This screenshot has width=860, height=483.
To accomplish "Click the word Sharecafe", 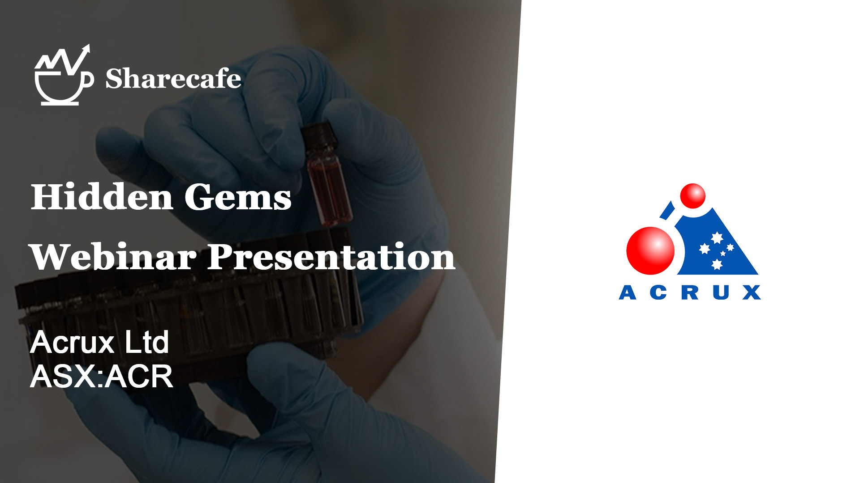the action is (x=173, y=79).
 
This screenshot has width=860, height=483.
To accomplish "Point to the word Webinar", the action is (x=113, y=257).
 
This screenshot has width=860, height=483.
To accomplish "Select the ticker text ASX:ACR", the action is (x=101, y=376).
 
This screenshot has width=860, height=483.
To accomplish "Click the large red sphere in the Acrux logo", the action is (x=650, y=250).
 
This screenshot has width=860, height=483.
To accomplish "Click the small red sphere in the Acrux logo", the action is (x=693, y=196).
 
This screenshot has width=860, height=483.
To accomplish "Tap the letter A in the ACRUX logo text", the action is (x=628, y=292).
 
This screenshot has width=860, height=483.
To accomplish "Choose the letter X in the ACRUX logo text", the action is (x=752, y=292).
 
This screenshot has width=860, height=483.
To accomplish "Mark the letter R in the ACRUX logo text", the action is (x=690, y=292).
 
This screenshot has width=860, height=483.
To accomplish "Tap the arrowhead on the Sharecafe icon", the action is (x=85, y=50).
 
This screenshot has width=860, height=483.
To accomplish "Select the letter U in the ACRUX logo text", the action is (x=721, y=292).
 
